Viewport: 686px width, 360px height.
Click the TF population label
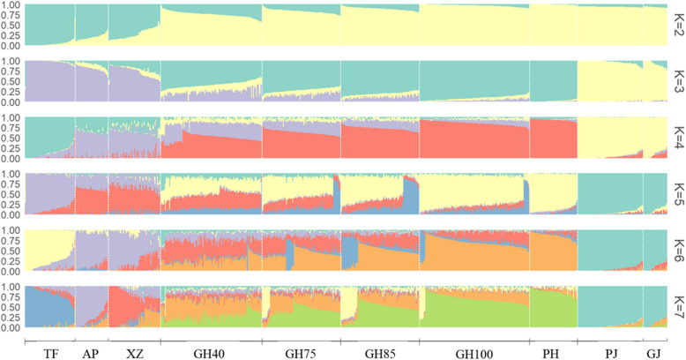coord(51,354)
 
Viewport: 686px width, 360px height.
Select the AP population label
coord(91,354)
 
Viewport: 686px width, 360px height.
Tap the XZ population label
coord(134,354)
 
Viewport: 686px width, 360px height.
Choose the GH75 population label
coord(301,354)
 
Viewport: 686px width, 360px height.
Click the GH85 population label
coord(380,354)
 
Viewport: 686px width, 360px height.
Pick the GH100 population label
coord(474,354)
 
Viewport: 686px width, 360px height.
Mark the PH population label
coord(551,354)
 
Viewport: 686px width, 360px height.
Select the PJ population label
coord(611,354)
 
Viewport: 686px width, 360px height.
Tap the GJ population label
coord(654,354)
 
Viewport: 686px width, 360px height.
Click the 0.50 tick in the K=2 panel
coord(11,25)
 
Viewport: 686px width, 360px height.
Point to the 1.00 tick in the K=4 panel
coord(11,117)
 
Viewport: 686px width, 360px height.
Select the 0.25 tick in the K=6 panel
coord(11,261)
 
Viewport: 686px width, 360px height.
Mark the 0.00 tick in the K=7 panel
coord(11,328)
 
